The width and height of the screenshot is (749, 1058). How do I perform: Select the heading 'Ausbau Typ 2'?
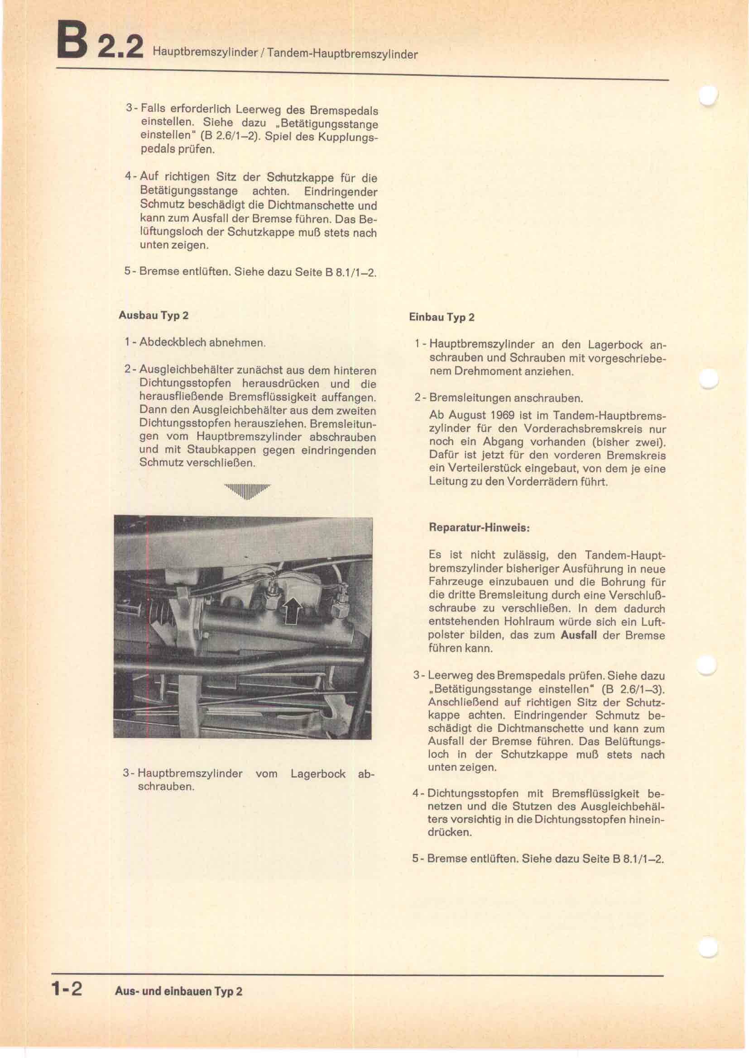(153, 315)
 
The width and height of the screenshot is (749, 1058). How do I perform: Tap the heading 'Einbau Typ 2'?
(442, 317)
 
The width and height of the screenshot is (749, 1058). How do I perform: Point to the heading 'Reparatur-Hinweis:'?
(479, 527)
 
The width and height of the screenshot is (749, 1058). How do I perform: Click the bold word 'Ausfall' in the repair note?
(579, 635)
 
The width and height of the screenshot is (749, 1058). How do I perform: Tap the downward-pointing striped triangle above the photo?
(248, 491)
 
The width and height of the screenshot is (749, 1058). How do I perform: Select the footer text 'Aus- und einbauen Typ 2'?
(178, 991)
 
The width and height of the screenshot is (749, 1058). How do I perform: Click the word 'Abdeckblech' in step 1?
(173, 342)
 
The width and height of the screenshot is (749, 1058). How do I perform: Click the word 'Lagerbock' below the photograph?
(318, 773)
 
